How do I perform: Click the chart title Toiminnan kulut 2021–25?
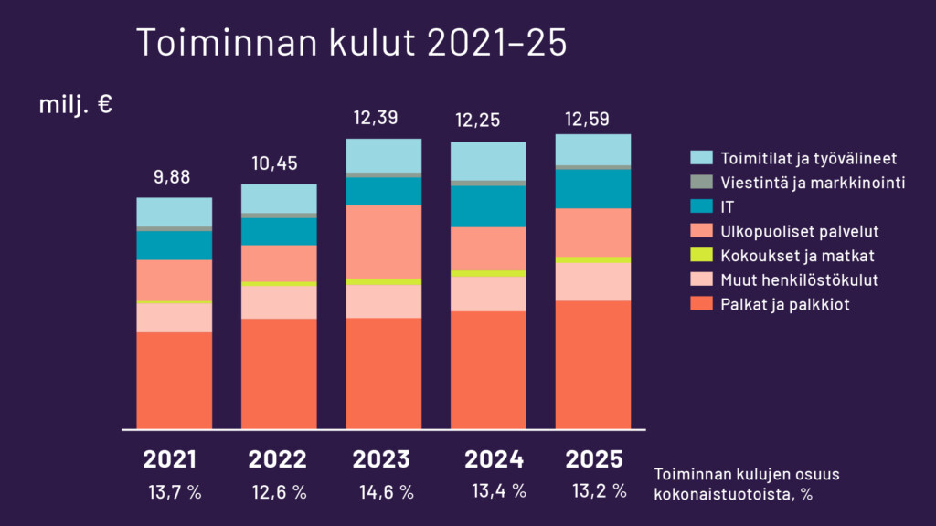click(351, 43)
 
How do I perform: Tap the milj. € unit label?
click(75, 105)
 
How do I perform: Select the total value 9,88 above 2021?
click(174, 177)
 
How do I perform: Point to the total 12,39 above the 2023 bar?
click(383, 118)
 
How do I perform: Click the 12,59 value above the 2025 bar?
click(593, 118)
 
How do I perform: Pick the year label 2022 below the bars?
click(278, 458)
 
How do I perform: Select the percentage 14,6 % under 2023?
click(387, 492)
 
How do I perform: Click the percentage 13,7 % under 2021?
click(175, 492)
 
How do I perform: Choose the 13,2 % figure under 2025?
click(600, 491)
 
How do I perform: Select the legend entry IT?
click(728, 207)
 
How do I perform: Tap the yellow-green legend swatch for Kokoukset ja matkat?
click(701, 256)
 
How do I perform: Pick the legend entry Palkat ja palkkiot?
click(784, 304)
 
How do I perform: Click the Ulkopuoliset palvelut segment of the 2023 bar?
click(383, 241)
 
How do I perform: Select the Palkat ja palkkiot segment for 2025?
click(593, 364)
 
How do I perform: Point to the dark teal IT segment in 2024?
click(488, 205)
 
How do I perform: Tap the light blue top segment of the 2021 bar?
click(174, 212)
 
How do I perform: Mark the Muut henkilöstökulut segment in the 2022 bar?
click(279, 302)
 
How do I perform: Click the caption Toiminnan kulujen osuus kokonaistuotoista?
click(746, 484)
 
